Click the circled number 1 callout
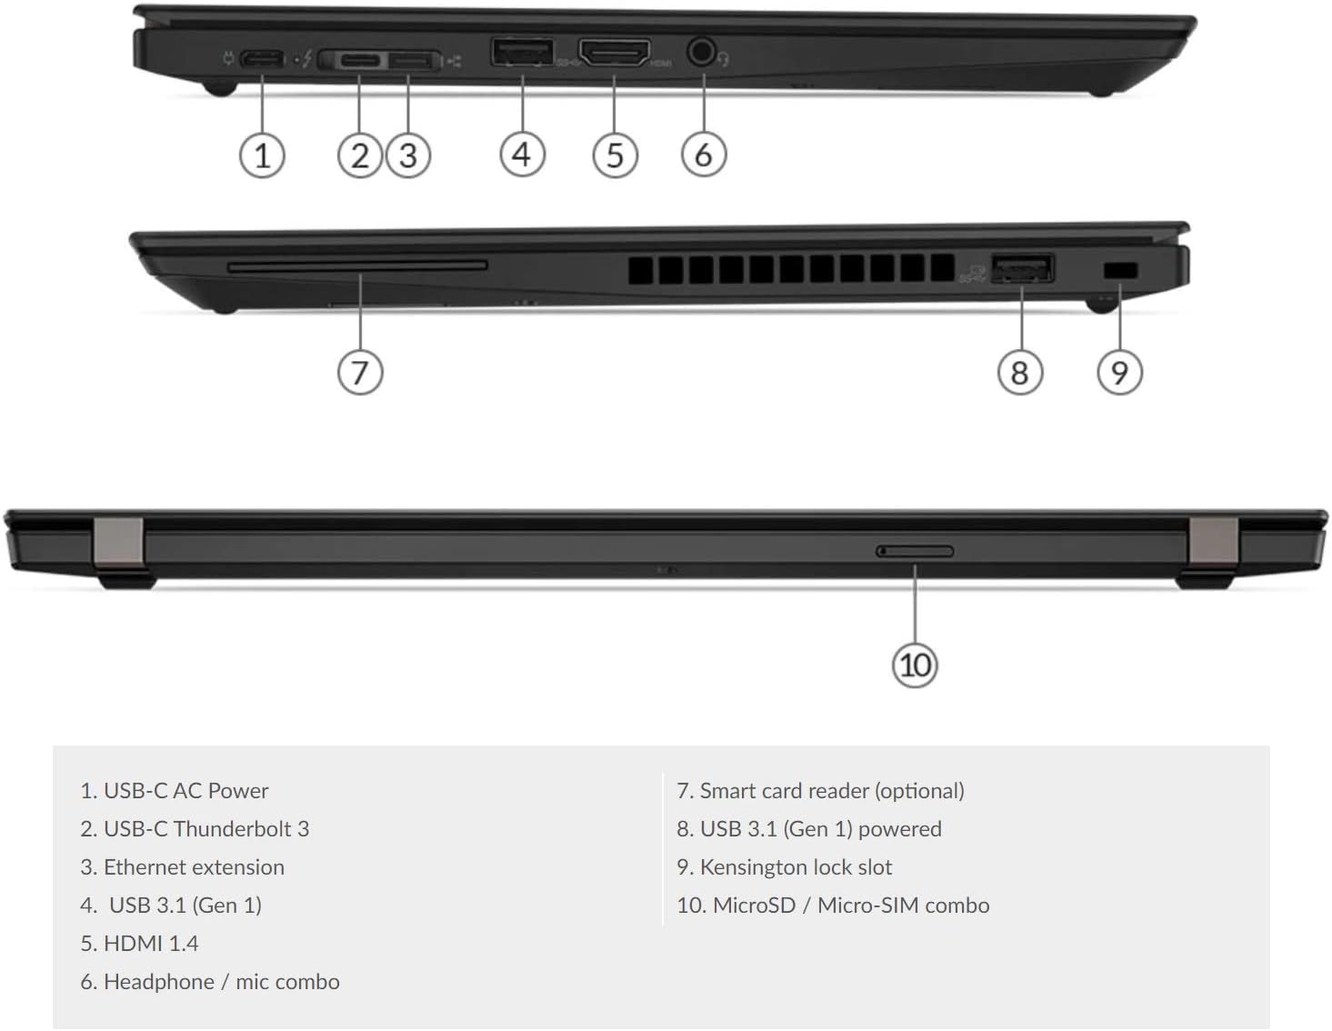[x=262, y=155]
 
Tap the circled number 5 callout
[x=615, y=155]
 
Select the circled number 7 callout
[x=360, y=372]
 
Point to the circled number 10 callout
[x=915, y=666]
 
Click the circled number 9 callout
[x=1119, y=372]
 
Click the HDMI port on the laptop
[x=615, y=52]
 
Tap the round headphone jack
[x=703, y=52]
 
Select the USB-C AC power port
[x=262, y=59]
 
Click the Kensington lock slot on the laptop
[x=1120, y=270]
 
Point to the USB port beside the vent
[x=1023, y=268]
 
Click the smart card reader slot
[x=357, y=265]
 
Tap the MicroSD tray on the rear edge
[x=914, y=552]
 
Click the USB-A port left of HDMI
[x=522, y=52]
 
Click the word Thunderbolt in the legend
[x=233, y=829]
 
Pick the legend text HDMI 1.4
[x=151, y=944]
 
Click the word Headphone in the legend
[x=159, y=982]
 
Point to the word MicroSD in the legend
[x=754, y=906]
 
